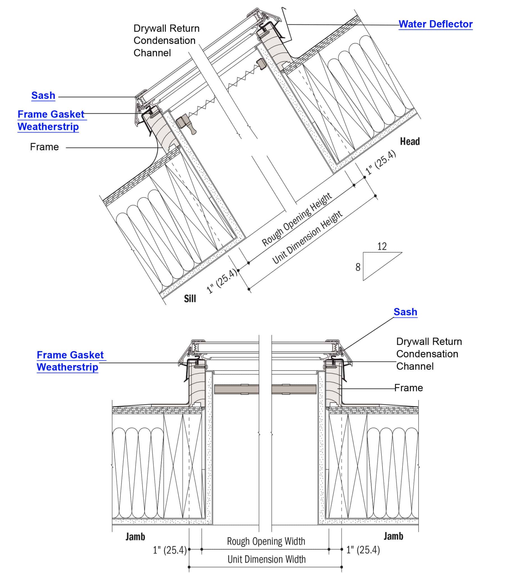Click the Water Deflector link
point(435,24)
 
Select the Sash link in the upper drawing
point(43,95)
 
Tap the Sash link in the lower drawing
point(405,312)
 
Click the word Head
point(410,141)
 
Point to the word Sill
point(190,299)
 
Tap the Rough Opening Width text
point(266,541)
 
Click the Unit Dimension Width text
point(266,560)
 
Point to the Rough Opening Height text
point(297,220)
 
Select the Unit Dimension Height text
point(307,237)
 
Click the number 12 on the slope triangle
point(382,246)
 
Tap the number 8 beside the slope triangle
point(358,267)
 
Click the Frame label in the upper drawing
point(44,147)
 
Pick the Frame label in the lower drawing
point(408,388)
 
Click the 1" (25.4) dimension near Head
point(381,162)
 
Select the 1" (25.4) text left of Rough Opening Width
point(170,550)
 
